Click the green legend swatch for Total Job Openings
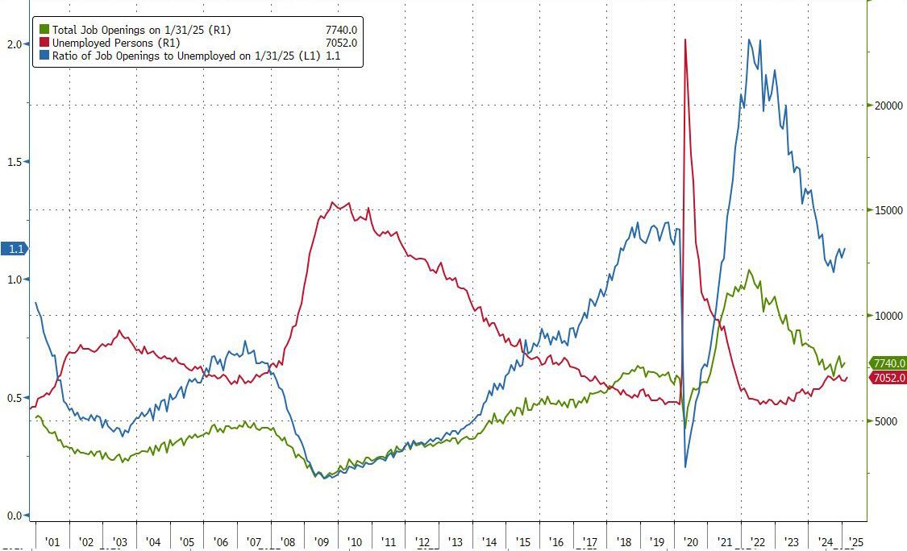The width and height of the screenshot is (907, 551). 45,29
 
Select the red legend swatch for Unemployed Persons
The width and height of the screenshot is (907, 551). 45,43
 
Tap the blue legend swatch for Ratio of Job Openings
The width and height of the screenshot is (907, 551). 45,56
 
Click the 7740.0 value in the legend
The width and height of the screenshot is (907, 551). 340,29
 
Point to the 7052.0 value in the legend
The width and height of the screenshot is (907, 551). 340,43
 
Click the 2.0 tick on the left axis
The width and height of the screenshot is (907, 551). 13,44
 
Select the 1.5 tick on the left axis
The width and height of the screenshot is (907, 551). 13,162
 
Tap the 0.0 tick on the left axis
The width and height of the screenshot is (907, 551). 13,516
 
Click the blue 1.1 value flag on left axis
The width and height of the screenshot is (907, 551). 14,250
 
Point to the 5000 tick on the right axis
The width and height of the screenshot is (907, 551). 884,420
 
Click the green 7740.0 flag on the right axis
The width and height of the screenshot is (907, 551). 888,363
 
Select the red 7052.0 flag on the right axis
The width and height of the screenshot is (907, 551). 888,379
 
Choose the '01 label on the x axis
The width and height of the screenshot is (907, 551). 52,542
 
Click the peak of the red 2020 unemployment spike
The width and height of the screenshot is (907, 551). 685,39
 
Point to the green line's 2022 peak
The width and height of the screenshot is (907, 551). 750,271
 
